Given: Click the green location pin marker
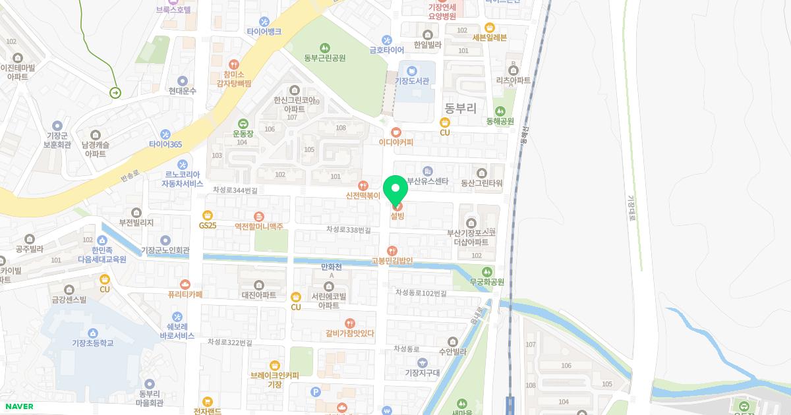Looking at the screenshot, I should point(396,190).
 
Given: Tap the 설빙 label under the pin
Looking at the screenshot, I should point(397,216).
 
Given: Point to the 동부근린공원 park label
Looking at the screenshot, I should point(324,58).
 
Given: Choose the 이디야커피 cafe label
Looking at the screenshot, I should point(395,142).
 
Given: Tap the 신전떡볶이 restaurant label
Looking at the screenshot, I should point(363,196).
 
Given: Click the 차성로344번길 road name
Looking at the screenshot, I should point(235,190).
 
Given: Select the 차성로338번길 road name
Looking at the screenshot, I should point(348,230).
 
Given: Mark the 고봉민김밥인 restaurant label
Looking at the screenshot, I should point(392,261).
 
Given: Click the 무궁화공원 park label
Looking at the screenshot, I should point(486,282).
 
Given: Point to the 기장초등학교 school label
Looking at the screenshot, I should point(93,343).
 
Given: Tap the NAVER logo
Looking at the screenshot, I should point(18,406).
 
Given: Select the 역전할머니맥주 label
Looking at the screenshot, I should point(258,226).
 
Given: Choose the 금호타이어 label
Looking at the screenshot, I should point(386,49).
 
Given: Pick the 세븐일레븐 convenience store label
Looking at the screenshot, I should point(489,38).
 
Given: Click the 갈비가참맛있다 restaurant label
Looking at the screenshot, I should point(349,333).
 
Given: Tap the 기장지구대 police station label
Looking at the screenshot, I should point(422,373).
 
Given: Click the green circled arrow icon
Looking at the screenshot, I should point(115,93).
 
